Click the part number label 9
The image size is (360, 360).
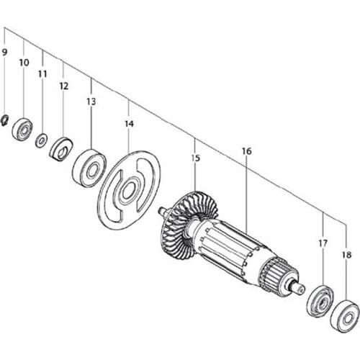tap(5, 53)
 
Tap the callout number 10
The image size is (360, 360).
tap(24, 63)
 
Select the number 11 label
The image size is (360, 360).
tap(42, 74)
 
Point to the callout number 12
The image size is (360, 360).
tap(63, 86)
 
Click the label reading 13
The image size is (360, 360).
tap(91, 102)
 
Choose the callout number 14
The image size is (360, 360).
tap(129, 125)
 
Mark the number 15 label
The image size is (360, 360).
tap(194, 158)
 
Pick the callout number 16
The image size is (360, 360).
tap(246, 151)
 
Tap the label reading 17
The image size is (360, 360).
tap(323, 244)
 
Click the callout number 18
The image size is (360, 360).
tap(348, 255)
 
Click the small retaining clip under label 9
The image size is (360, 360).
tap(6, 120)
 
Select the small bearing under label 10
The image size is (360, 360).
tap(24, 132)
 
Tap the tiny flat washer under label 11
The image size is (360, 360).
tap(42, 140)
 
